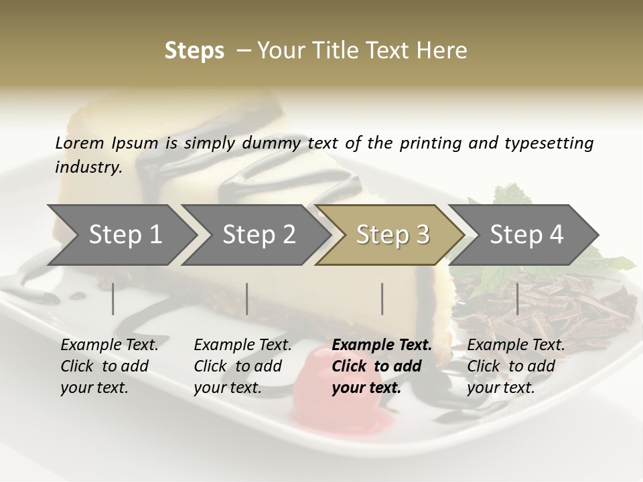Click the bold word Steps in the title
click(x=194, y=51)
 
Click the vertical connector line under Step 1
click(x=113, y=299)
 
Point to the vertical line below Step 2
click(x=247, y=299)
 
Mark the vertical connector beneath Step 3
click(x=382, y=299)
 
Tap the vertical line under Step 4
click(x=517, y=299)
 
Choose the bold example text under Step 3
click(x=381, y=366)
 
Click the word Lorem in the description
click(x=80, y=143)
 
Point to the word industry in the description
click(x=88, y=167)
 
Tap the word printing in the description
click(x=431, y=143)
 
